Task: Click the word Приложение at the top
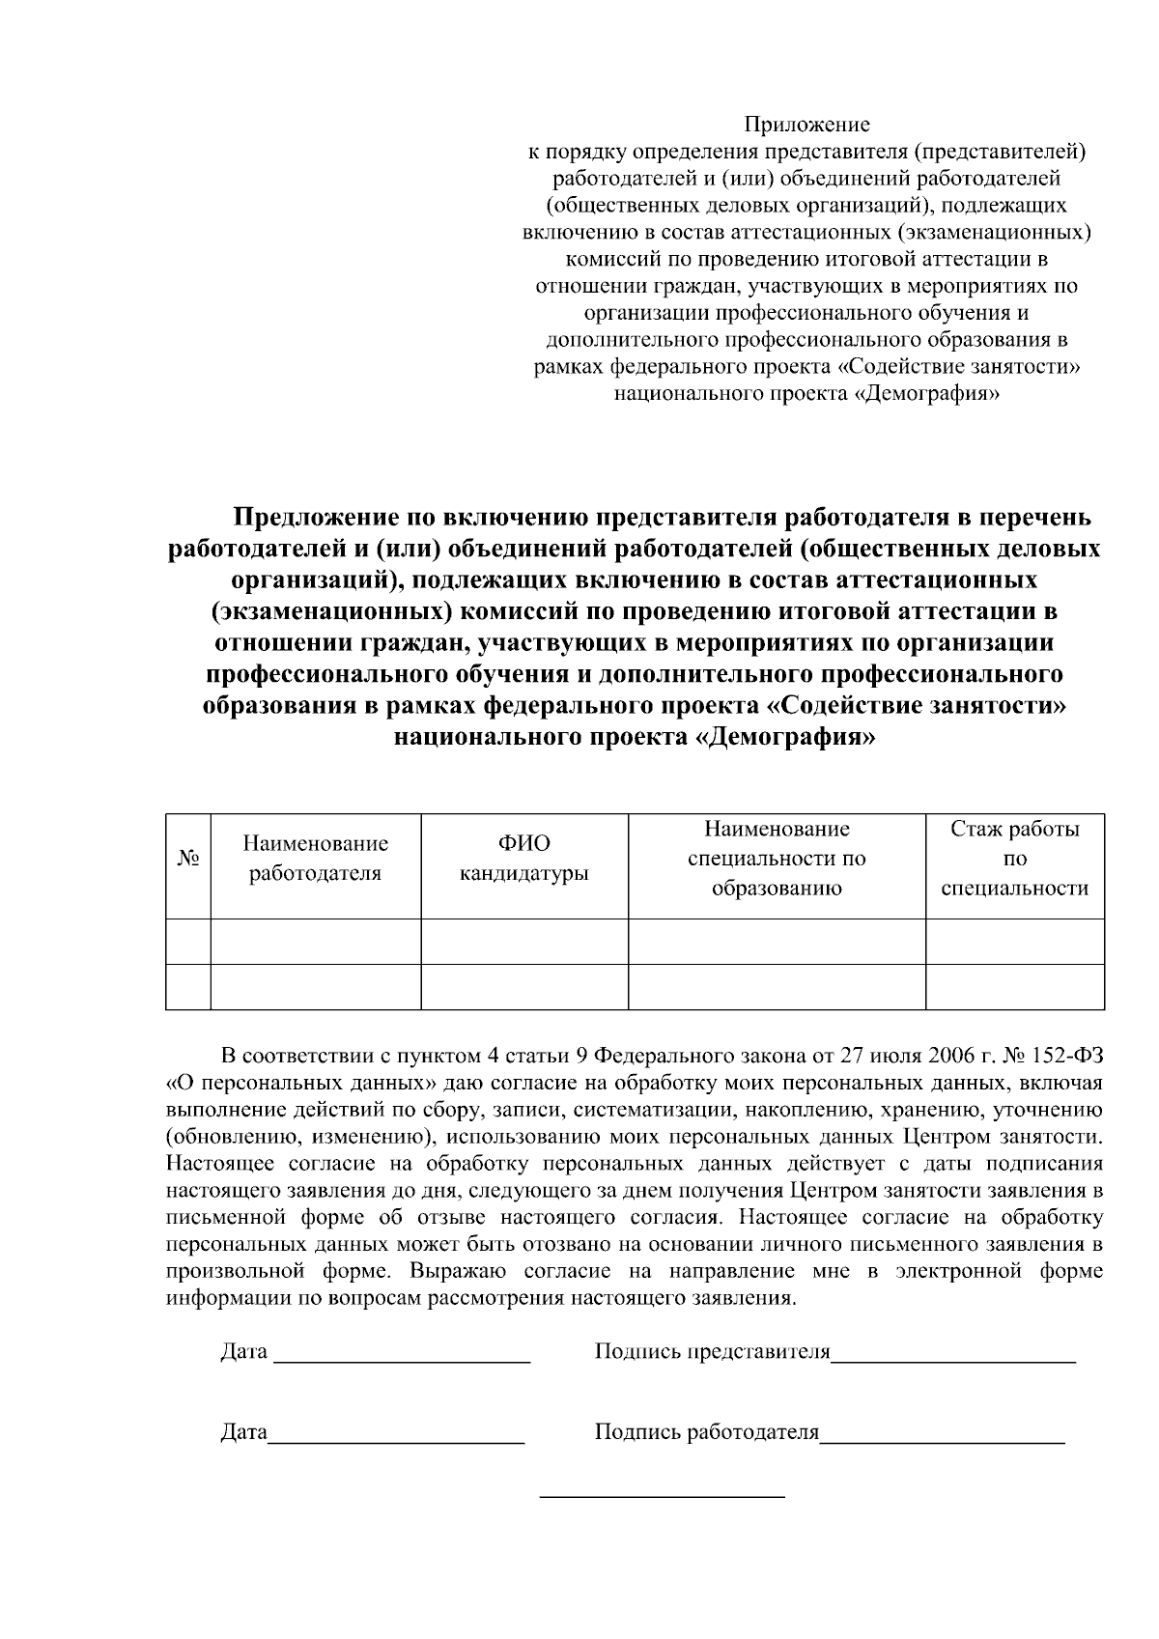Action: [806, 125]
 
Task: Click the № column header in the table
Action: [188, 859]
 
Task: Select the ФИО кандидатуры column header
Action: [523, 859]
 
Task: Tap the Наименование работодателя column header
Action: [315, 859]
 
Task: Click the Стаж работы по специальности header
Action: [1014, 859]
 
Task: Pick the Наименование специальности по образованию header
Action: [777, 859]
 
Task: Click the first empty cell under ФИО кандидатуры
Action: [523, 942]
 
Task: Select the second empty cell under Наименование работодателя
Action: [315, 987]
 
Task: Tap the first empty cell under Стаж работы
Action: [1014, 942]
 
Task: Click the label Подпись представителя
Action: [712, 1351]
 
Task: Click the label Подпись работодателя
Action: [706, 1432]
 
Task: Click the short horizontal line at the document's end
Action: [662, 1497]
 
